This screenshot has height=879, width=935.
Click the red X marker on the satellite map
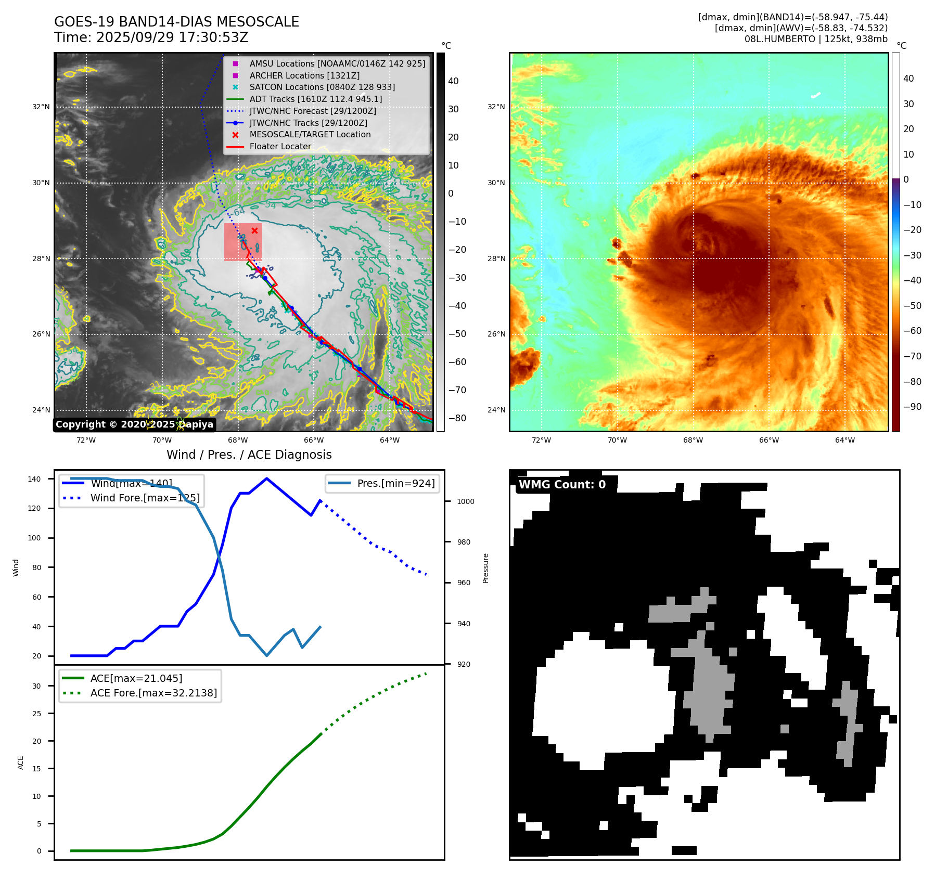(x=254, y=231)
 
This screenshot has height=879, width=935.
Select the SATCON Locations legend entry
(x=322, y=87)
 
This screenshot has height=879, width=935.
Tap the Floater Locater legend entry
(x=280, y=146)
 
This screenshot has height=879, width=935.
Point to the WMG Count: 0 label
(x=562, y=484)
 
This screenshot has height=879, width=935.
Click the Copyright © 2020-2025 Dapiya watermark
(x=134, y=424)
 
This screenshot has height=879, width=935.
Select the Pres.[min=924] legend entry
(x=395, y=483)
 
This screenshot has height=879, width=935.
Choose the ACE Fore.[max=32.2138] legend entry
(x=153, y=693)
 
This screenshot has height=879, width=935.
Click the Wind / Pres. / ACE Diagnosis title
(x=249, y=455)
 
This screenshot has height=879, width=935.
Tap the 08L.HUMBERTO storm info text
(x=815, y=39)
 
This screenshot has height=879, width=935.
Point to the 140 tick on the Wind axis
(x=34, y=479)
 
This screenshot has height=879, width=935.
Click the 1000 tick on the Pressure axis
(x=466, y=501)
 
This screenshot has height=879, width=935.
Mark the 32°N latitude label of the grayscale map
(x=41, y=107)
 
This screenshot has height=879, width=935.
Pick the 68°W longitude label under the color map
(x=693, y=440)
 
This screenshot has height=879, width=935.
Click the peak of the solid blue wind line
(x=266, y=479)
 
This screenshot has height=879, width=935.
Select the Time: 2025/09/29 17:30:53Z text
(x=151, y=38)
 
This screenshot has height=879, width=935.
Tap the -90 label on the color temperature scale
(x=912, y=407)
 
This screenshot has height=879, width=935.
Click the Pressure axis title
(x=485, y=568)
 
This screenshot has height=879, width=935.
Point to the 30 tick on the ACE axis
(x=36, y=686)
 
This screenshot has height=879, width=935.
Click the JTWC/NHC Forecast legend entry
(x=312, y=111)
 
